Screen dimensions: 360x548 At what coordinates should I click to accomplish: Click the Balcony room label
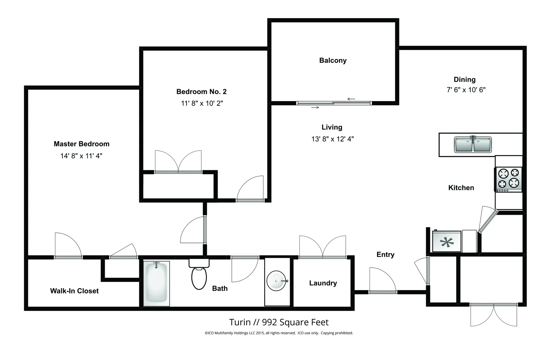(x=333, y=61)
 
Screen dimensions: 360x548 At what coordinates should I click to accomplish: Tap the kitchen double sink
(x=473, y=145)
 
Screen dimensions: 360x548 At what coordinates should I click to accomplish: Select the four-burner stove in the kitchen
(x=508, y=179)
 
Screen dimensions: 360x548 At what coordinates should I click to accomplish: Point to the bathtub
(x=156, y=283)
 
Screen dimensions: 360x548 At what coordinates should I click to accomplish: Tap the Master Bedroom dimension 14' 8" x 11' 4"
(x=81, y=156)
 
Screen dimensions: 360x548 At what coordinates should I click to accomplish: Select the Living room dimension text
(x=333, y=139)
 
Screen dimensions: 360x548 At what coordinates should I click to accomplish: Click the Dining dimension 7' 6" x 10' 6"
(x=466, y=90)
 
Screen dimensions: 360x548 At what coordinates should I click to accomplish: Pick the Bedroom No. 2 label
(x=201, y=91)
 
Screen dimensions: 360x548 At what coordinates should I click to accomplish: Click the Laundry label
(x=323, y=283)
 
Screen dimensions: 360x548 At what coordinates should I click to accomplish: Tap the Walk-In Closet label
(x=74, y=291)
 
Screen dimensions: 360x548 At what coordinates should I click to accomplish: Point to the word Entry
(x=385, y=255)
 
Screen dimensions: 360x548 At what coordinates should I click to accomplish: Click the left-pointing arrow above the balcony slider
(x=351, y=99)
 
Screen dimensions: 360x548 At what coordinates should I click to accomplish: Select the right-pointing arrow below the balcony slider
(x=315, y=107)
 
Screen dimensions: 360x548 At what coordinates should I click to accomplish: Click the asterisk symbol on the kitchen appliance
(x=447, y=242)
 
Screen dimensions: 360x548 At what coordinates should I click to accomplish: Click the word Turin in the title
(x=239, y=322)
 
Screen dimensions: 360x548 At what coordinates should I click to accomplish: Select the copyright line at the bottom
(x=279, y=333)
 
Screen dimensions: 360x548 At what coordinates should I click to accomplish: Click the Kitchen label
(x=461, y=188)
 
